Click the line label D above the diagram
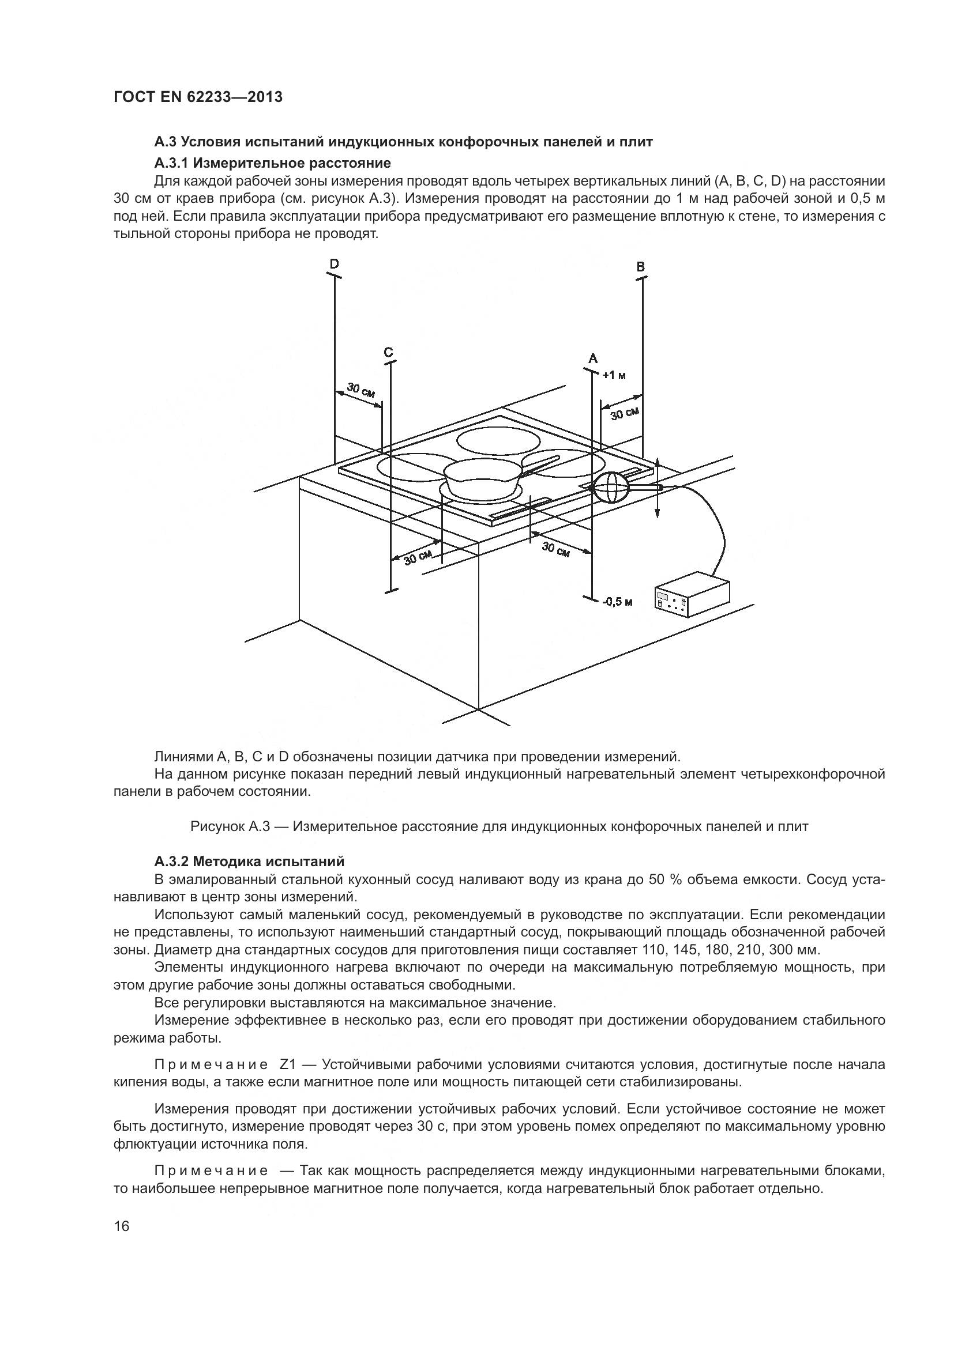tap(333, 264)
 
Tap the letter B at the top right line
tap(641, 267)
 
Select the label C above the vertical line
tap(388, 352)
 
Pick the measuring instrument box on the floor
tap(692, 599)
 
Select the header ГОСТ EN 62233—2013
tap(197, 97)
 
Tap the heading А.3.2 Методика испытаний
tap(249, 861)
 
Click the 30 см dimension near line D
tap(360, 390)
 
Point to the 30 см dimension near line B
tap(624, 414)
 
